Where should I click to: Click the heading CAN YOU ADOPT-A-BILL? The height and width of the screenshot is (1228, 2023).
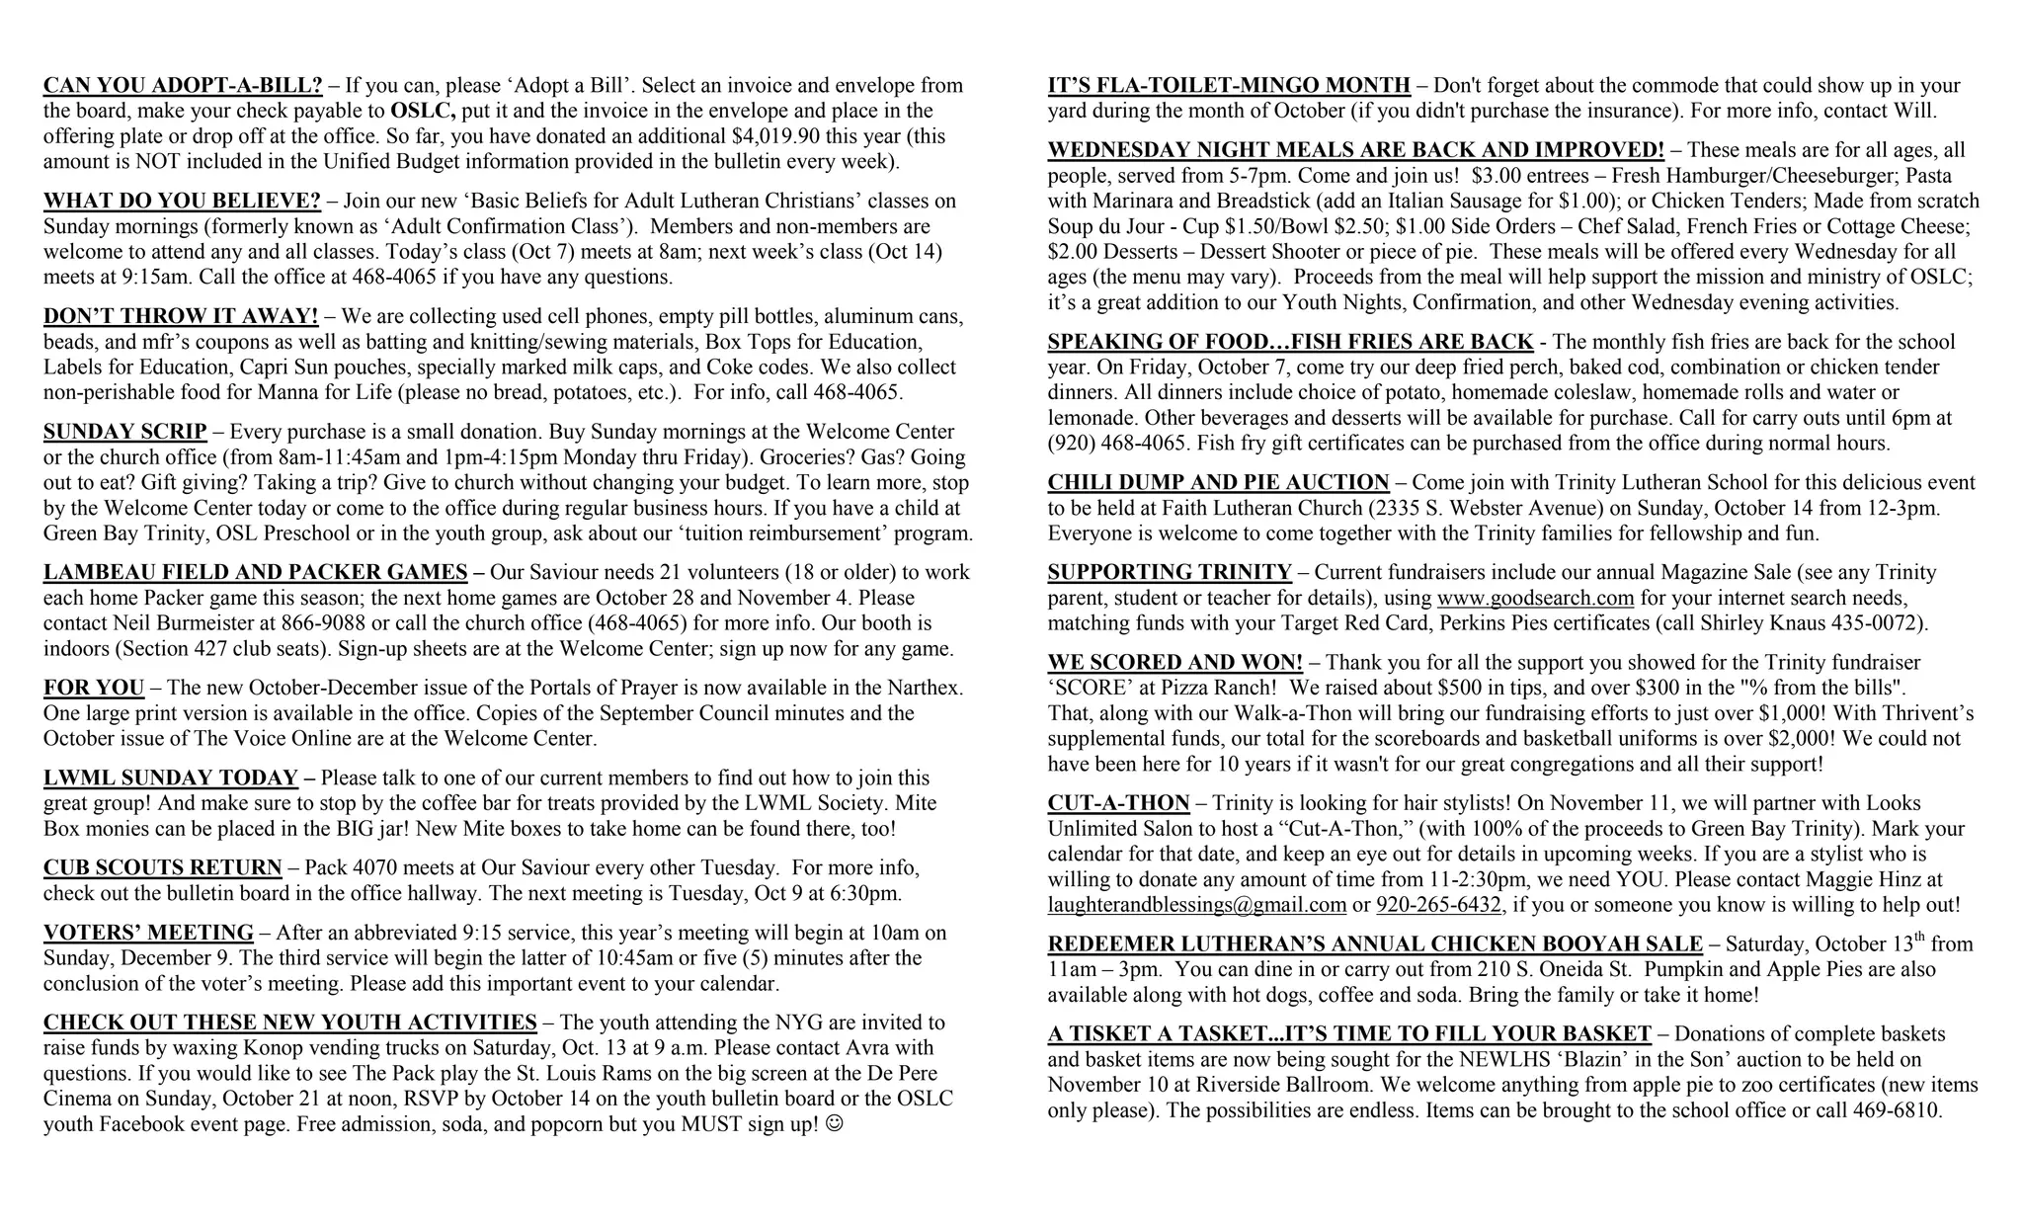tap(183, 86)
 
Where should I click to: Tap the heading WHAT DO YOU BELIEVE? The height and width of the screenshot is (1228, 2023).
tap(182, 202)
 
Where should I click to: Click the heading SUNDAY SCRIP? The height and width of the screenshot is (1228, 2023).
tap(125, 432)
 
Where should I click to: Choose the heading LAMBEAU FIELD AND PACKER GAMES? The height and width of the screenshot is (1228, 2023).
tap(256, 573)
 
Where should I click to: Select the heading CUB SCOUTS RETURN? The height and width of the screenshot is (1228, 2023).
tap(163, 868)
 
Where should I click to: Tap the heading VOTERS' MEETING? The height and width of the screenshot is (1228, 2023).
tap(148, 933)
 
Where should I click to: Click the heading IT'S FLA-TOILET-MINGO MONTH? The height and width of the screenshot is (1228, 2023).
tap(1229, 86)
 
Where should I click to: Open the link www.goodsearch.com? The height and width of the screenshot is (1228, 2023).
tap(1535, 599)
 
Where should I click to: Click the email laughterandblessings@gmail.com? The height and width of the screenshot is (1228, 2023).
tap(1197, 905)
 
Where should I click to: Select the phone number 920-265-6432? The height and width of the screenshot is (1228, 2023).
tap(1438, 905)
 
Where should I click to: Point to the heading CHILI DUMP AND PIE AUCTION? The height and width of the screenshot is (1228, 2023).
tap(1218, 483)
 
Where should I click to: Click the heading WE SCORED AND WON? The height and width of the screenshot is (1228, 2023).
tap(1174, 663)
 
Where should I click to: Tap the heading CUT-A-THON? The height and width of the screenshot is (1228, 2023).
tap(1118, 803)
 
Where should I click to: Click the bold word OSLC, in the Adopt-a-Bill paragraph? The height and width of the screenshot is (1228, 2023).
tap(423, 111)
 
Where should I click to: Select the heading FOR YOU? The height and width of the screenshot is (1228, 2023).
tap(94, 688)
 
